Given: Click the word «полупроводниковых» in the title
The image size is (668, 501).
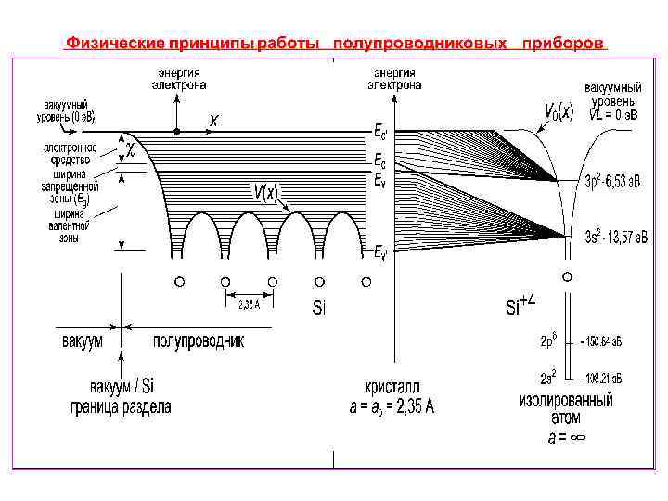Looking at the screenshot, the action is pos(419,44).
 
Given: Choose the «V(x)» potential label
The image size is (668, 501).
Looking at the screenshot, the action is pos(265,192).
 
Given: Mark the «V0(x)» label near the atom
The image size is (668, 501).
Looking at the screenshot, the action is pos(558,112).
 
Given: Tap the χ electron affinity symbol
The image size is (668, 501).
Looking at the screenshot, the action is pos(131,148).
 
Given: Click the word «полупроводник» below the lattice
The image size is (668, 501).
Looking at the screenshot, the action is pos(199,340).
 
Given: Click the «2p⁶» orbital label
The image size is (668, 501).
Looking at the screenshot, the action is pos(548,340).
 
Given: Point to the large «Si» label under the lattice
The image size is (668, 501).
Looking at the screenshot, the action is pos(318,307).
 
